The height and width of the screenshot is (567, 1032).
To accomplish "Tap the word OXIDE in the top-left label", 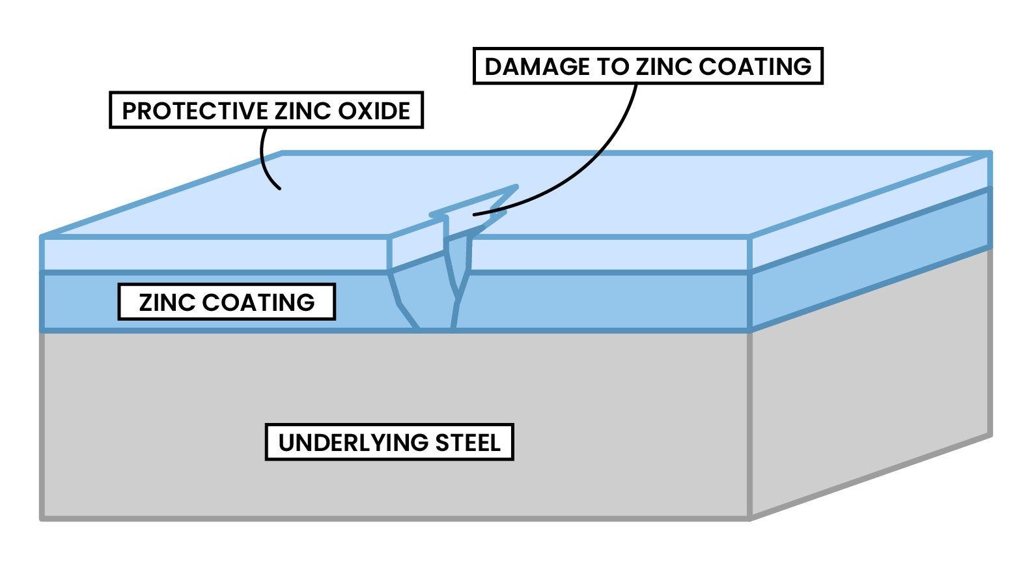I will (x=374, y=111).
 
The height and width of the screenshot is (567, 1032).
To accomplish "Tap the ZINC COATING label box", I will (x=227, y=302).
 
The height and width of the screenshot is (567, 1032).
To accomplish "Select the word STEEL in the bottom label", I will (x=468, y=443).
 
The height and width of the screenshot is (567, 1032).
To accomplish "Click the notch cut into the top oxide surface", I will (x=472, y=209).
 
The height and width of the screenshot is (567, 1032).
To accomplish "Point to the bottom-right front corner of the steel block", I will (x=751, y=519).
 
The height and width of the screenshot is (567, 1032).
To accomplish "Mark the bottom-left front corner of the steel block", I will (x=42, y=519).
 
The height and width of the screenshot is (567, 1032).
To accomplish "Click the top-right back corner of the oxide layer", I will (x=990, y=154).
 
